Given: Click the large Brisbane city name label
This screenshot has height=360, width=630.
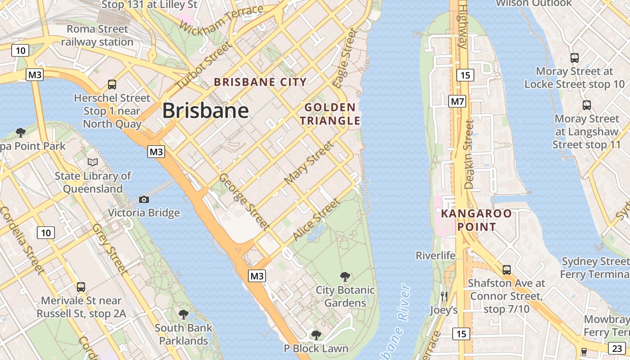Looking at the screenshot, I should click(x=205, y=111).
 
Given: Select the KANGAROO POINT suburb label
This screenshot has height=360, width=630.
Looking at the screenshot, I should click(x=477, y=220).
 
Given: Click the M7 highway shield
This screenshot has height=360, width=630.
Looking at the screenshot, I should click(x=457, y=102).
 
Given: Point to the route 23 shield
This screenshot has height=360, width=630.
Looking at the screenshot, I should click(x=617, y=348).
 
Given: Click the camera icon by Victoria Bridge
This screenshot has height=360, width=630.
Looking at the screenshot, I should click(x=144, y=199).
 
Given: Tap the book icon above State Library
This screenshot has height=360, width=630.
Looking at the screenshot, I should click(x=93, y=162).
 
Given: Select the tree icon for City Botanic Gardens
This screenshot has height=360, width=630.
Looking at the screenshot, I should click(x=345, y=276).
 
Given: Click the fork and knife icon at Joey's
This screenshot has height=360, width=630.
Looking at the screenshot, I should click(x=444, y=296).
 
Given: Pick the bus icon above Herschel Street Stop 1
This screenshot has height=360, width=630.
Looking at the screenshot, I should click(x=112, y=84).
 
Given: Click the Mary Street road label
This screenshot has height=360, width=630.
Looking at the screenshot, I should click(x=310, y=162).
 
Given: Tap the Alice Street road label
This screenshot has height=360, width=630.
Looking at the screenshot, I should click(x=316, y=220).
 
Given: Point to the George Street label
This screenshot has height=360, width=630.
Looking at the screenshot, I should click(x=244, y=202).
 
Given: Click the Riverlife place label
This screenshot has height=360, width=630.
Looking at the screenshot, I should click(x=435, y=256).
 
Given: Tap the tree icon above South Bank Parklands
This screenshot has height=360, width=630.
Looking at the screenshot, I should click(x=184, y=314).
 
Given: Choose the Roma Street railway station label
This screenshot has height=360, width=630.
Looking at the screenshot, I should click(x=97, y=36).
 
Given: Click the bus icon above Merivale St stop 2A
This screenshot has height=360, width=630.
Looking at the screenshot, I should click(x=81, y=287).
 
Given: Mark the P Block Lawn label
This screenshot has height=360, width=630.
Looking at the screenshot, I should click(x=316, y=348).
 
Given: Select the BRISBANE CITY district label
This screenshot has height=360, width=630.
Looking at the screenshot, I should click(x=260, y=82).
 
